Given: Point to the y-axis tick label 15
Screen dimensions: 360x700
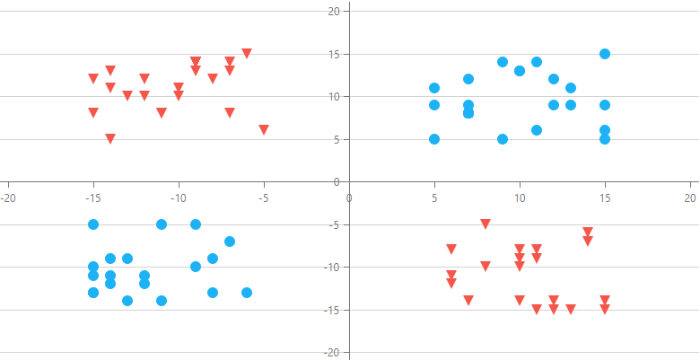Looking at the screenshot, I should pos(333,54).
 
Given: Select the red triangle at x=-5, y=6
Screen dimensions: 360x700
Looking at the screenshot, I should pos(264,129).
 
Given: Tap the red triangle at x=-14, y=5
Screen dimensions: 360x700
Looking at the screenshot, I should pos(110,138).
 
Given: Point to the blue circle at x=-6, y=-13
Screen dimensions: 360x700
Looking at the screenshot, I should pos(247,293).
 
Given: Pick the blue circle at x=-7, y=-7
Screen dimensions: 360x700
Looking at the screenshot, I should pos(230,241).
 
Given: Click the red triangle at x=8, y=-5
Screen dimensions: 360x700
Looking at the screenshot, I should pos(486,224).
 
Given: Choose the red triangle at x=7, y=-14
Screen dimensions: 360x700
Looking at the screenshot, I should pos(468,300).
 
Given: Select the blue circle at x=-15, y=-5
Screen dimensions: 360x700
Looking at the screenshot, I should pos(93,224).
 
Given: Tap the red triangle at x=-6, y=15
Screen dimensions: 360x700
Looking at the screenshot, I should pos(247,53).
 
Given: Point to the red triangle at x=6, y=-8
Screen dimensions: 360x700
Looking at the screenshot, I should pos(451,249).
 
